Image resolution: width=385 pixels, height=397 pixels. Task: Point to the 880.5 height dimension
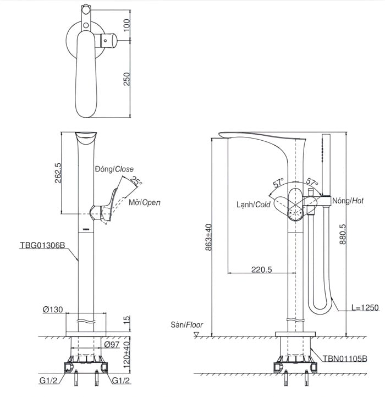pyautogui.click(x=343, y=234)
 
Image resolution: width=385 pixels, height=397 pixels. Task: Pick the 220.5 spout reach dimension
pyautogui.click(x=261, y=270)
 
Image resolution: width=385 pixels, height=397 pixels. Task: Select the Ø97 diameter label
pyautogui.click(x=112, y=344)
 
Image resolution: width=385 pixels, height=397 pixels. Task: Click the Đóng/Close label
pyautogui.click(x=114, y=169)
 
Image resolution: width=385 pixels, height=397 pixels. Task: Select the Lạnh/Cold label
pyautogui.click(x=254, y=205)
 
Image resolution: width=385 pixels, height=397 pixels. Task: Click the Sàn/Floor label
pyautogui.click(x=186, y=324)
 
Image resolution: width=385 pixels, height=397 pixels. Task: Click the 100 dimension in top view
pyautogui.click(x=127, y=24)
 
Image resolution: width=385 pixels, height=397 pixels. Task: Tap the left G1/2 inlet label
pyautogui.click(x=49, y=381)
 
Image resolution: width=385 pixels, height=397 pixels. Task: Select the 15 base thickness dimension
pyautogui.click(x=127, y=319)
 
